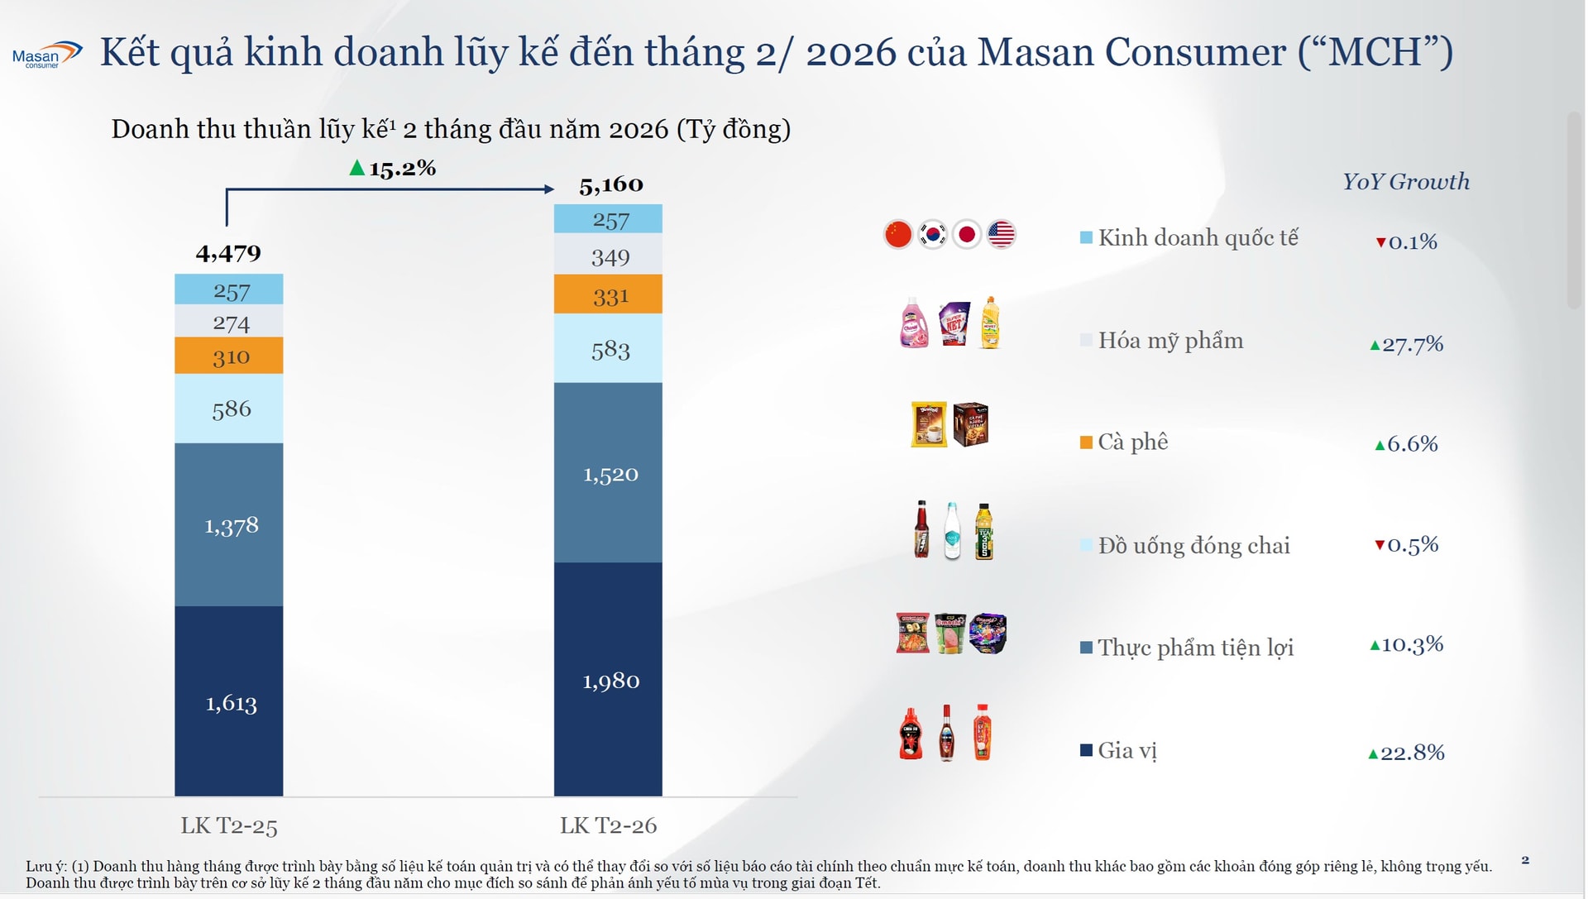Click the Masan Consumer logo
coord(46,55)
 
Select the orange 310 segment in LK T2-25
coord(229,356)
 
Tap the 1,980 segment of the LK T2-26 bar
coord(609,680)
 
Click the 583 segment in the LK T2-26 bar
coord(609,349)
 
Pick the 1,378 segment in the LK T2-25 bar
coord(229,525)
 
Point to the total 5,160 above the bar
coord(610,184)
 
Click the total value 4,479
coord(228,253)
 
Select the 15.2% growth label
coord(394,169)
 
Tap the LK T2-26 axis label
coord(608,825)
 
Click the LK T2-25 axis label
coord(229,825)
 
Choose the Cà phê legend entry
coord(1125,442)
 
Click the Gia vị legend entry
coord(1119,750)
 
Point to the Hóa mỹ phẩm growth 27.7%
coord(1407,344)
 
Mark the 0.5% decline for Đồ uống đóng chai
coord(1407,544)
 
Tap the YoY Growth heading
coord(1405,182)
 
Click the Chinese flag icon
coord(898,234)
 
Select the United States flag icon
coord(1001,234)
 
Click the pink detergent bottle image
coord(913,323)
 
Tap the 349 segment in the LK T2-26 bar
coord(609,257)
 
